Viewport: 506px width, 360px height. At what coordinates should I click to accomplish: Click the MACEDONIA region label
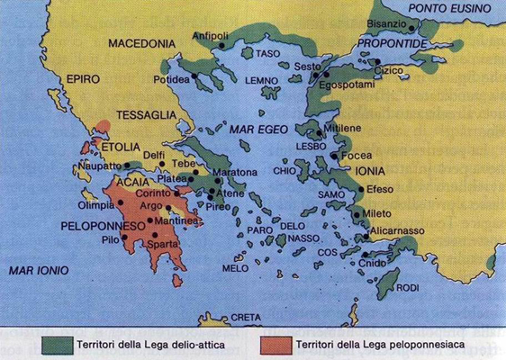click(x=140, y=43)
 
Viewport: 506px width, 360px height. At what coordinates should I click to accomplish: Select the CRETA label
click(x=245, y=318)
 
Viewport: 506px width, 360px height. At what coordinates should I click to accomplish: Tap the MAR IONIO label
click(x=35, y=269)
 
